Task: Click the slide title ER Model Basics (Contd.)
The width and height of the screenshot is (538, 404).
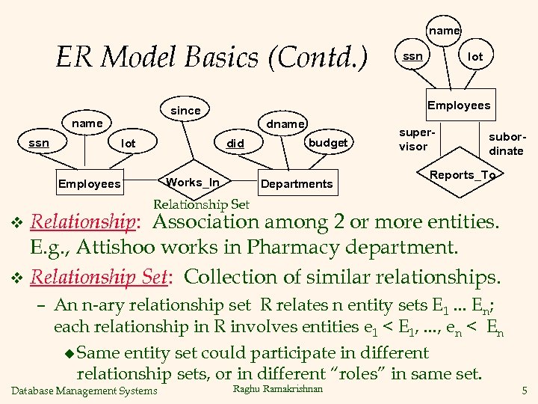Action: (x=211, y=57)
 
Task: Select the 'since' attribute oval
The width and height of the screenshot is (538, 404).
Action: (x=185, y=111)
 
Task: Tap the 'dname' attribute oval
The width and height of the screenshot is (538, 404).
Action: (x=285, y=124)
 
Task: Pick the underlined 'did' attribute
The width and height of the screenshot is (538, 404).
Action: (x=235, y=143)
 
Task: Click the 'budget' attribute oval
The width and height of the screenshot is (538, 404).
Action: (x=327, y=142)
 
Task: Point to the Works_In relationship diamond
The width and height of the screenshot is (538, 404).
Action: (x=193, y=183)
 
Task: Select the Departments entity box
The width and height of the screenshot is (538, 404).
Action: (x=297, y=184)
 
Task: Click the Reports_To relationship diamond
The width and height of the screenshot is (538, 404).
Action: (x=463, y=175)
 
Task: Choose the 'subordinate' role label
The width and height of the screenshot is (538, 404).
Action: (x=506, y=144)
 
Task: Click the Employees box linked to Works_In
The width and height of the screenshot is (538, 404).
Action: (x=89, y=184)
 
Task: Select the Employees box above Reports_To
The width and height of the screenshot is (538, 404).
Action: (x=459, y=105)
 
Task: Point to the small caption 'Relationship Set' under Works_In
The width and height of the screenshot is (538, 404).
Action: (x=201, y=204)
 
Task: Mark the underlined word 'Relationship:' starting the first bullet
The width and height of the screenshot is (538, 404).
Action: (x=87, y=222)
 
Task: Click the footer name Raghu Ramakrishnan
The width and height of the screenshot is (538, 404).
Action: (x=278, y=389)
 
